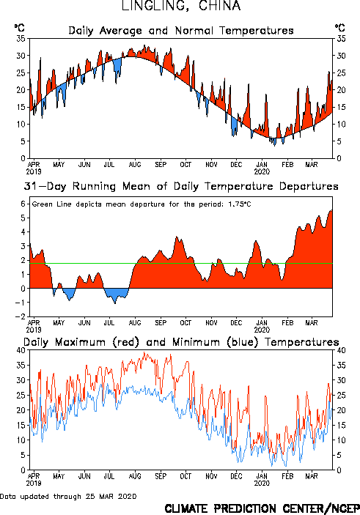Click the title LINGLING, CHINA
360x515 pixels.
pos(181,6)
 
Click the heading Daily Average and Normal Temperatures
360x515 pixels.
pos(181,31)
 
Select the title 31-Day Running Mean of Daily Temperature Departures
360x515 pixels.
pos(181,186)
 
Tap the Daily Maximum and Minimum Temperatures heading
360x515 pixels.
pos(181,342)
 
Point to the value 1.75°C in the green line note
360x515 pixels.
pos(239,204)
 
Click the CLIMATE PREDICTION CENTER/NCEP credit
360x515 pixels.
pos(262,508)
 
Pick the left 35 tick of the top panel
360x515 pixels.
pos(21,39)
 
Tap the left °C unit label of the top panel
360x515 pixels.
pos(19,28)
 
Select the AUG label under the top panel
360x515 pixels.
pos(135,165)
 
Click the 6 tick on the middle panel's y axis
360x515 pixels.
pos(23,204)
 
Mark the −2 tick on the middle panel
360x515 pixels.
pos(21,316)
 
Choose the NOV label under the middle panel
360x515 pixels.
pos(211,323)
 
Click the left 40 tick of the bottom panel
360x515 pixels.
pos(21,350)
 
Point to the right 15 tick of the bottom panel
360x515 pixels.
pos(341,426)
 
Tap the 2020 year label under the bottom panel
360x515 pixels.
pos(262,483)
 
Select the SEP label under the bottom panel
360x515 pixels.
pos(161,476)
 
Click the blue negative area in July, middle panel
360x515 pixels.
pos(115,294)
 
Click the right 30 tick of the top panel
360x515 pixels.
pos(341,56)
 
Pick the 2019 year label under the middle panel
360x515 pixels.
pos(34,330)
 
